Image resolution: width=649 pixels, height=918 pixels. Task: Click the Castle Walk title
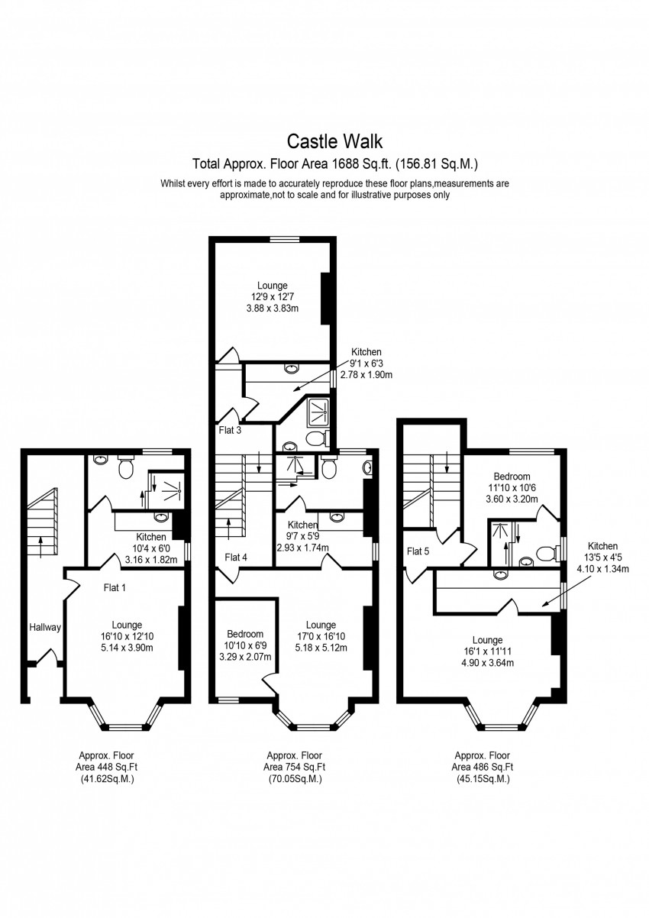pyautogui.click(x=334, y=141)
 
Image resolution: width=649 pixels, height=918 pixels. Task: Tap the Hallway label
pyautogui.click(x=45, y=627)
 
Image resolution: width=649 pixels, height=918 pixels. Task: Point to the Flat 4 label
pyautogui.click(x=236, y=558)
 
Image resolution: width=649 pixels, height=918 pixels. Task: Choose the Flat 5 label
pyautogui.click(x=418, y=551)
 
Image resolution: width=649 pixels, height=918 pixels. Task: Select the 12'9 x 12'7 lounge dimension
pyautogui.click(x=272, y=296)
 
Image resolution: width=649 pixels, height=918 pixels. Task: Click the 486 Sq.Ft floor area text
pyautogui.click(x=482, y=767)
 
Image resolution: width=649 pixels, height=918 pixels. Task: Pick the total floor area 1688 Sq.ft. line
pyautogui.click(x=336, y=163)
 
